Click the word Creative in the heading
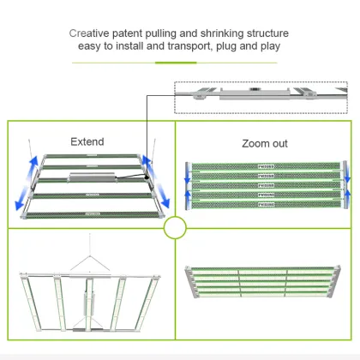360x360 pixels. (x=93, y=34)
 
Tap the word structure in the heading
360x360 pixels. (x=262, y=34)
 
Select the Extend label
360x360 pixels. (x=87, y=141)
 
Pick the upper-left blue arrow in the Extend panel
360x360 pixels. (x=33, y=163)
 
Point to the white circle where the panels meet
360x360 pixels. (x=175, y=227)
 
